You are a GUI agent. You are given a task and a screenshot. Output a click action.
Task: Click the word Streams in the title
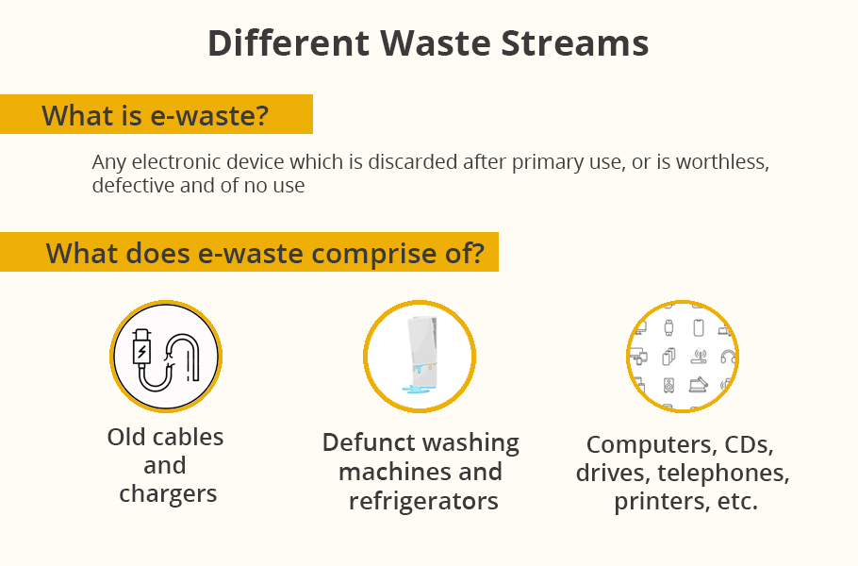574,42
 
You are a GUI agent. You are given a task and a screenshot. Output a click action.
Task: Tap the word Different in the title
289,42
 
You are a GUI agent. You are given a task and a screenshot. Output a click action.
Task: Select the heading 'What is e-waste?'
156,115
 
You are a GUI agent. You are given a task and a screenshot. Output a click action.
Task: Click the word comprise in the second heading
374,254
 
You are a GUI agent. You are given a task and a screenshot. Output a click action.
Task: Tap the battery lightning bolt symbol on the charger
141,351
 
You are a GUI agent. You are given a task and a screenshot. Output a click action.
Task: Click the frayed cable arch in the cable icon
183,356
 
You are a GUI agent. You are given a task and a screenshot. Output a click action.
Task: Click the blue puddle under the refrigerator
419,389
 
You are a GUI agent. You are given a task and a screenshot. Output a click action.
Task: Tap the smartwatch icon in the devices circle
668,328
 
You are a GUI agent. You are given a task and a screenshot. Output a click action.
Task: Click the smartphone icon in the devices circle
699,328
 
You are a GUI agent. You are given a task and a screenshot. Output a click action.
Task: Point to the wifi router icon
699,357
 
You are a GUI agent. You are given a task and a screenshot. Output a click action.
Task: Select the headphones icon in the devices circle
728,357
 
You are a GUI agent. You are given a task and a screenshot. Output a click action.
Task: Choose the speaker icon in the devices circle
668,386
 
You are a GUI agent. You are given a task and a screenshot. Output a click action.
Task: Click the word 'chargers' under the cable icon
168,494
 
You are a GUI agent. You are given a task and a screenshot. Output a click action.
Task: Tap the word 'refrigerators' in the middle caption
423,501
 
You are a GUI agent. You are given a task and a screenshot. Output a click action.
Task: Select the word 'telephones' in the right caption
723,473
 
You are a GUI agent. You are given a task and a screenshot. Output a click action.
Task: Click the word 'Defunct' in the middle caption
363,442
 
